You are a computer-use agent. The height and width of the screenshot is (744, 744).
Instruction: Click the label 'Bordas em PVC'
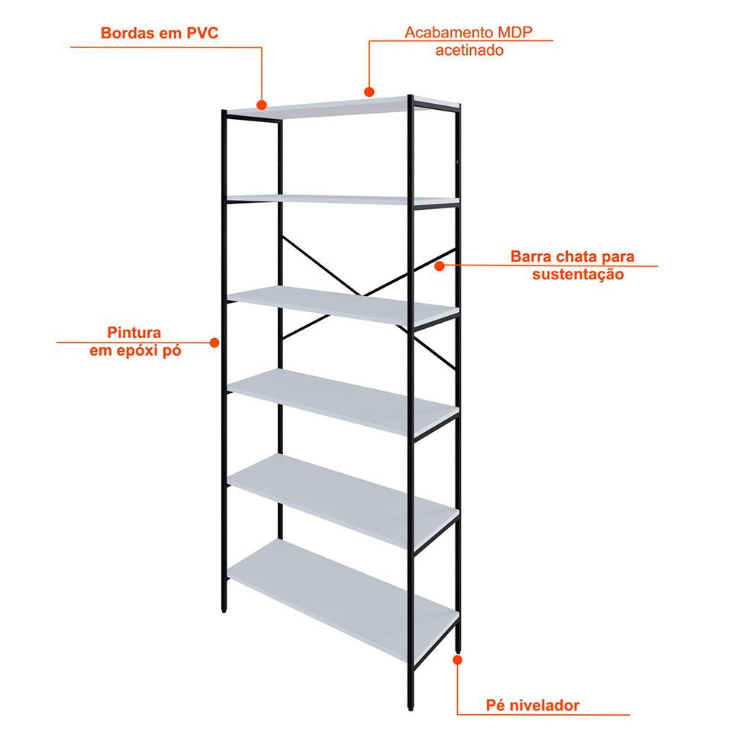coord(159,34)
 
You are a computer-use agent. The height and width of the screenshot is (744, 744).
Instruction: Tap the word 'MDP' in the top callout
coord(515,32)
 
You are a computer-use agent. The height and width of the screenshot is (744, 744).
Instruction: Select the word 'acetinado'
coord(469,50)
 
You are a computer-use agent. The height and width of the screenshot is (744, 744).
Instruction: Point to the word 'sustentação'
coord(578,275)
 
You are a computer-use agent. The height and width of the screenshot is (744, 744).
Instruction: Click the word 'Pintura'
coord(134,333)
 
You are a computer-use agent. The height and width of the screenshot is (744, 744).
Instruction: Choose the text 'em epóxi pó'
coord(135,351)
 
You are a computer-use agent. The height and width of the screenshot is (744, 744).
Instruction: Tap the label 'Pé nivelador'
coord(533,706)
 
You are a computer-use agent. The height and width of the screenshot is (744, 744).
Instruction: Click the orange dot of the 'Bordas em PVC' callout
coord(262,105)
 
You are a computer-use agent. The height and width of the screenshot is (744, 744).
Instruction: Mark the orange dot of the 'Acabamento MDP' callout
coord(369,92)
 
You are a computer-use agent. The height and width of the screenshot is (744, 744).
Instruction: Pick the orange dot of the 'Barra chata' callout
coord(440,266)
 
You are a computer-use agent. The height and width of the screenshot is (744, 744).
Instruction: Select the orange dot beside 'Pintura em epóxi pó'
coord(214,343)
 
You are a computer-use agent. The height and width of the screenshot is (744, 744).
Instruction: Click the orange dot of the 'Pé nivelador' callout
coord(457,660)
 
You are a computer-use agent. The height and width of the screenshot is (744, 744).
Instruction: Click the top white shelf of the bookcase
coord(343,108)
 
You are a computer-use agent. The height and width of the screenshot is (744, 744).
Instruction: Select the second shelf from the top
coord(343,200)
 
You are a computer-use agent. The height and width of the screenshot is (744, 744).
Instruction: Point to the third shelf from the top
coord(343,306)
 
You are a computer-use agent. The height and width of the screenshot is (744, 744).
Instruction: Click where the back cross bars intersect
coord(363,295)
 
